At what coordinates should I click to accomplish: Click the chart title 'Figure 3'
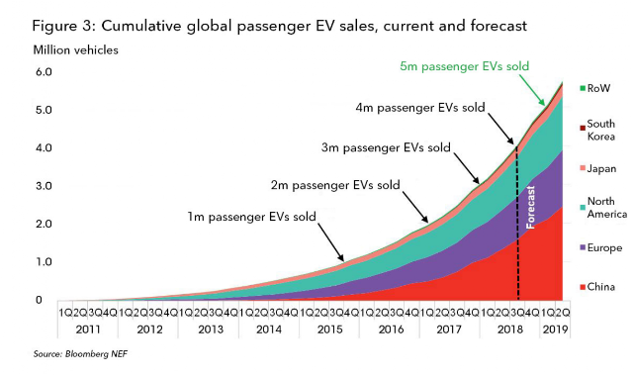click(x=62, y=27)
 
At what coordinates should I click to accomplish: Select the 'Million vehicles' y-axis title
click(x=76, y=50)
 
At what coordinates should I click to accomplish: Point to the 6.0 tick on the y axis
click(x=44, y=72)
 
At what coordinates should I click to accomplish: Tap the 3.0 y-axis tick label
click(x=44, y=186)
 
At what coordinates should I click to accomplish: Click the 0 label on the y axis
click(x=39, y=300)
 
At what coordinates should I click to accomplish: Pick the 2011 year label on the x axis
click(x=88, y=329)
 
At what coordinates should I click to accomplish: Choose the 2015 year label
click(x=329, y=329)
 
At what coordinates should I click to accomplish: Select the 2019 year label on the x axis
click(x=555, y=329)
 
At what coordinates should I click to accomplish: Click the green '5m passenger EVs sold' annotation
click(x=464, y=66)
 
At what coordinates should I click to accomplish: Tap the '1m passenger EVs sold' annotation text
click(x=251, y=217)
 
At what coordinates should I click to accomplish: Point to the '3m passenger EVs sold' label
click(x=386, y=147)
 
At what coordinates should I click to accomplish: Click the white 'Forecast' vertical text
click(x=530, y=207)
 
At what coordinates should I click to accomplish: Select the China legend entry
click(x=597, y=287)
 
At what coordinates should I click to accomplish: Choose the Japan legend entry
click(x=598, y=169)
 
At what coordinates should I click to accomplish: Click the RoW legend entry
click(x=595, y=88)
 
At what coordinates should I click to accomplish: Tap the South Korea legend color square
click(x=583, y=129)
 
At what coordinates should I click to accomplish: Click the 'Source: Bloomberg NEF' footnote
click(x=80, y=354)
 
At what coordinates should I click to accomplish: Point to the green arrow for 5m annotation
click(x=532, y=90)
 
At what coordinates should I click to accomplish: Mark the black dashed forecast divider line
click(x=518, y=225)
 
